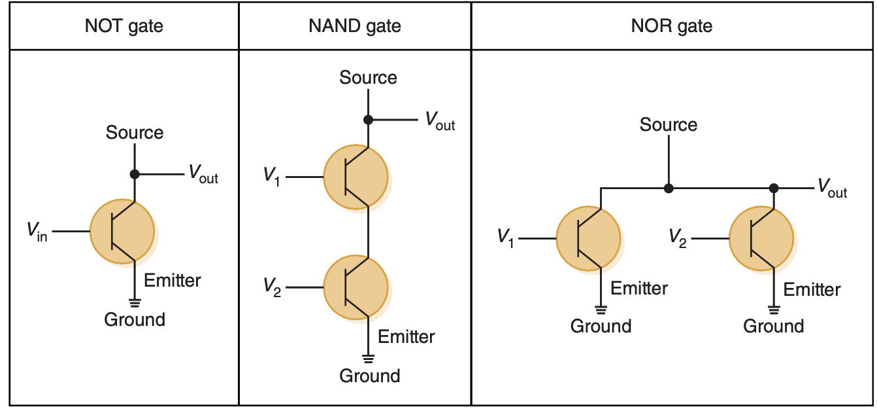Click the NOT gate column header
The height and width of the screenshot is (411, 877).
pos(124,26)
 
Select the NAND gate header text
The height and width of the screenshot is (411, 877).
pos(355,26)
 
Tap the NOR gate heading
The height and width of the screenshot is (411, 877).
pos(671,26)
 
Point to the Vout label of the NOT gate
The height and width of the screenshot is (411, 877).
pos(203,174)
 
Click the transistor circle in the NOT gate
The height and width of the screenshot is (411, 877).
pos(122,231)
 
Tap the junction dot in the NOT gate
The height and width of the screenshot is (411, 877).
pos(135,174)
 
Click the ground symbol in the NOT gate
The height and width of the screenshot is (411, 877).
pos(135,302)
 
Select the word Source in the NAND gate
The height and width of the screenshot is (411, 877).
pos(368,78)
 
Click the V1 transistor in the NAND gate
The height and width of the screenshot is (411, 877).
pos(356,177)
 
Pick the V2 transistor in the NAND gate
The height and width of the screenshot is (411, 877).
pos(356,287)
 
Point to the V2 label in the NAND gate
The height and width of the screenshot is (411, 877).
pos(272,287)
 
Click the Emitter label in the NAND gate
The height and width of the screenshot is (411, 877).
pos(406,337)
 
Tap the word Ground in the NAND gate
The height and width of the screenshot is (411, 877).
pos(369,376)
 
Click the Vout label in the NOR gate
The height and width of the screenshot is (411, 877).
pos(832,189)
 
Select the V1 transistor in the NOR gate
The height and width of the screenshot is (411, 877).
pos(587,238)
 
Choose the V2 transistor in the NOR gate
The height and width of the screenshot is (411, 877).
pos(761,238)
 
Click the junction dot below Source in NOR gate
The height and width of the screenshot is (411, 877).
pos(668,188)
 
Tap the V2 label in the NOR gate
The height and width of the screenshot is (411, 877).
pos(678,238)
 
